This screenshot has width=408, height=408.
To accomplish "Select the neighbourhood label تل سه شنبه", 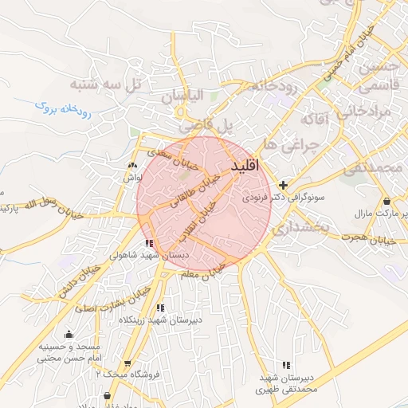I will click(104, 83).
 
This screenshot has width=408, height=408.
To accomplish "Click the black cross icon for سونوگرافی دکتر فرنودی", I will click(283, 185).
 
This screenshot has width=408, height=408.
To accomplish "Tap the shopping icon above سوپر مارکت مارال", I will click(386, 202).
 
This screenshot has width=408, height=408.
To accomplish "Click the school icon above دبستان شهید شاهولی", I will click(149, 243).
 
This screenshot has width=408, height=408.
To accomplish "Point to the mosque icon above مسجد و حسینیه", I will click(69, 334).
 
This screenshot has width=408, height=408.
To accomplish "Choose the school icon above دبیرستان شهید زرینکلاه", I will click(160, 307).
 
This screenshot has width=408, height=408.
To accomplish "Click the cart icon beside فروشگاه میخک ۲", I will click(127, 363).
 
